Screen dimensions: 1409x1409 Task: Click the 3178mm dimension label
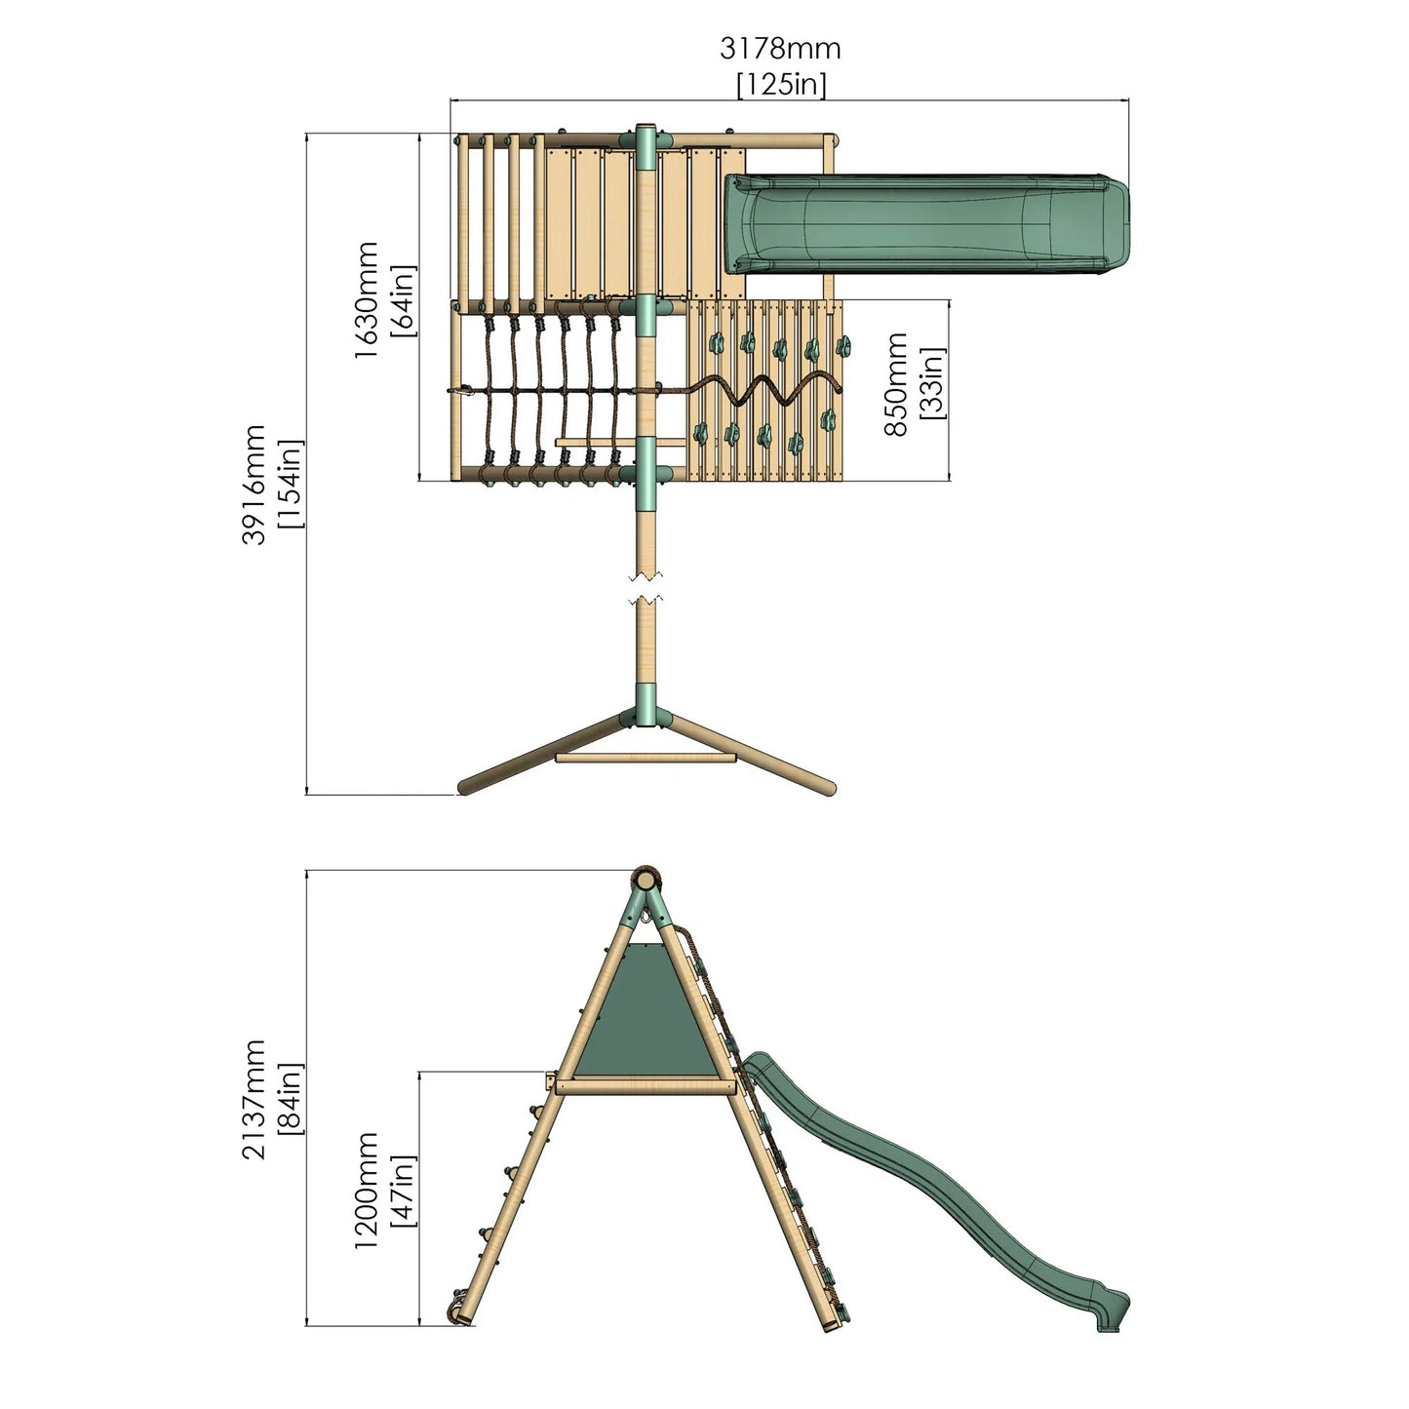(x=780, y=48)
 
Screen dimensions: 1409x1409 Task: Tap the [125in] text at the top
(x=780, y=85)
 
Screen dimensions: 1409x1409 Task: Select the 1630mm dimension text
(x=367, y=300)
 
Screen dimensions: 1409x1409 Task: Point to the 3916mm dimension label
(x=254, y=485)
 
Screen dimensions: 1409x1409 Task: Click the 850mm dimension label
(x=896, y=384)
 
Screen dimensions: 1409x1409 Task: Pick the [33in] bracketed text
(x=931, y=384)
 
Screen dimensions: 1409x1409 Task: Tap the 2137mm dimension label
(x=254, y=1099)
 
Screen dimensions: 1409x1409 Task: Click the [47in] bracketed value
(x=402, y=1191)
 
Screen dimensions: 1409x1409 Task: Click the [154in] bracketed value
(x=290, y=485)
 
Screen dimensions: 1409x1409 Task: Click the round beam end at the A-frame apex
(x=645, y=879)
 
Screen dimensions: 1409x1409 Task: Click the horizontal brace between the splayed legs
(x=645, y=757)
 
